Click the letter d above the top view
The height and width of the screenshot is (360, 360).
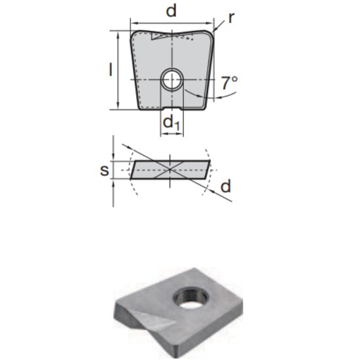tap(171, 11)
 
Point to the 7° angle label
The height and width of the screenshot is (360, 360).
tap(229, 83)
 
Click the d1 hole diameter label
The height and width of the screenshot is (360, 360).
tap(171, 122)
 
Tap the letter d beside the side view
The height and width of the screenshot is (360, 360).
tap(225, 187)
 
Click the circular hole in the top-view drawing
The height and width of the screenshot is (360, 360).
tap(172, 80)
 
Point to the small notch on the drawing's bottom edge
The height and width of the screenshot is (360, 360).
tap(172, 108)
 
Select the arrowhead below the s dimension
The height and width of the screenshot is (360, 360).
tap(114, 182)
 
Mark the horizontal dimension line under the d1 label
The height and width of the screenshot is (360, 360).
tap(172, 134)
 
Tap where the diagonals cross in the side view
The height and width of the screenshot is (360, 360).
tap(171, 170)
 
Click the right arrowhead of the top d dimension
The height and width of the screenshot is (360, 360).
tap(211, 22)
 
